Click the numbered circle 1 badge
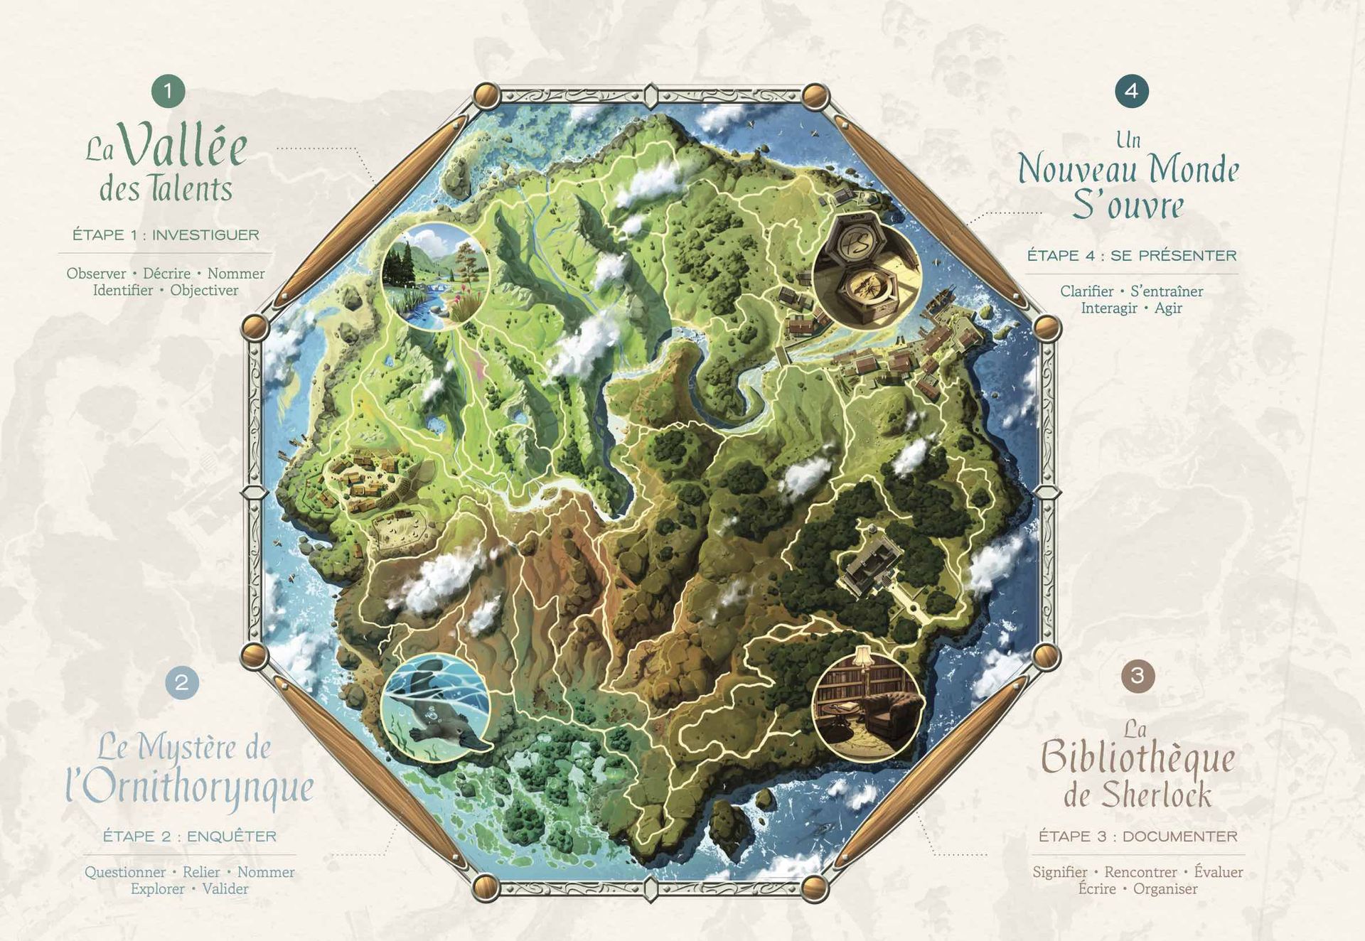(x=168, y=91)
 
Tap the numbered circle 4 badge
(x=1131, y=91)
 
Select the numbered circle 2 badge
(x=182, y=683)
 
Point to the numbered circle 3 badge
(x=1137, y=674)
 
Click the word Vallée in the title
(x=184, y=146)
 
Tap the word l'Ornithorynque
(x=191, y=788)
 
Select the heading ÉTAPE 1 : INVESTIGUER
(x=166, y=235)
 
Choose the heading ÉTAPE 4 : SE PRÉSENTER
(x=1132, y=256)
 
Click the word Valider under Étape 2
(x=225, y=889)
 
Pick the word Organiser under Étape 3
(x=1165, y=889)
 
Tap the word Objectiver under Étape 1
(x=204, y=291)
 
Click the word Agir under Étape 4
(x=1168, y=308)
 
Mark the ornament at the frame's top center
(x=651, y=95)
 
